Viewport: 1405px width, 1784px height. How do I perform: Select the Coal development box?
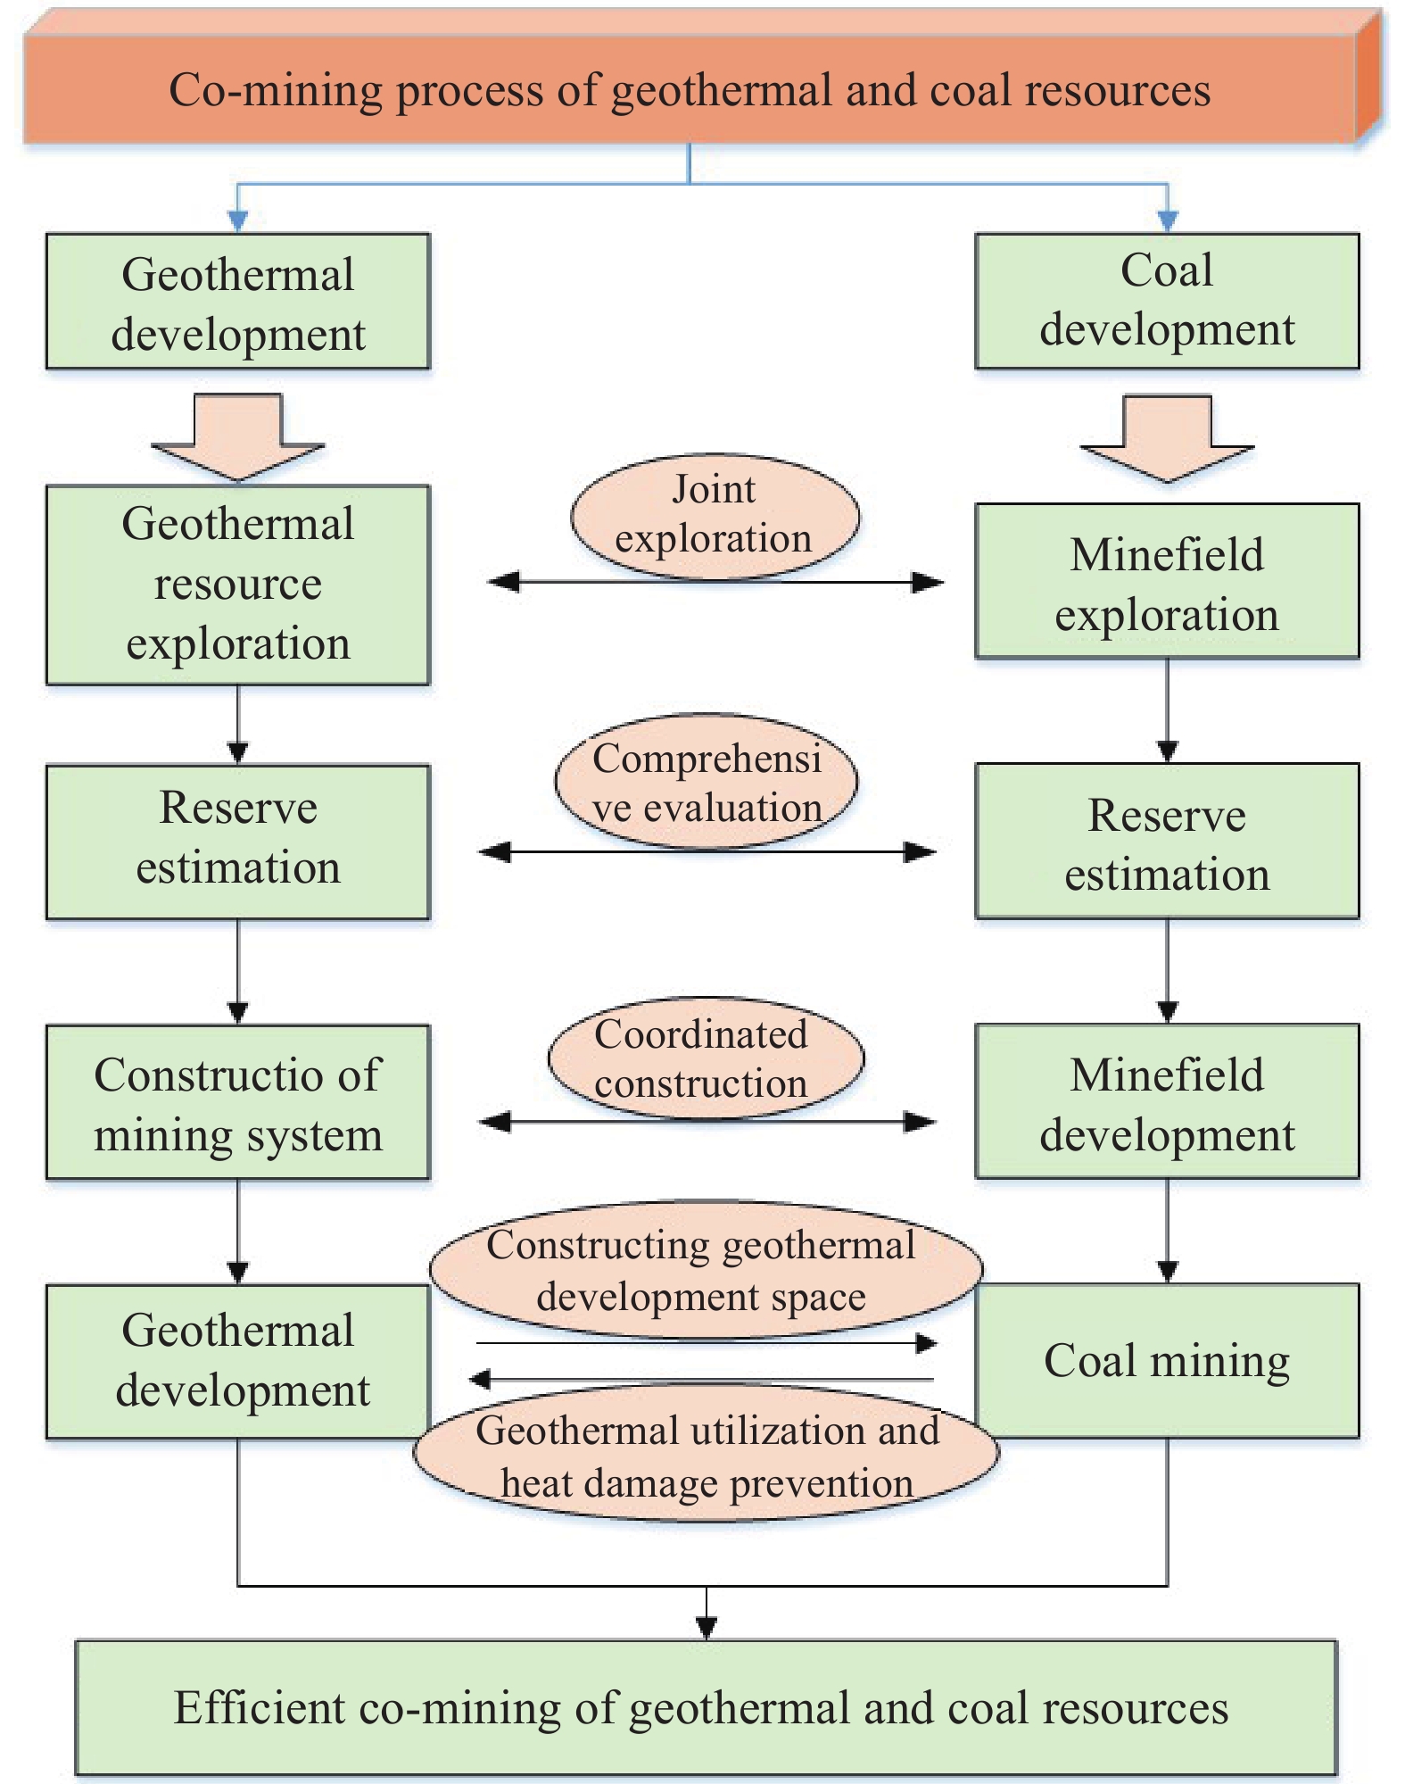(1167, 301)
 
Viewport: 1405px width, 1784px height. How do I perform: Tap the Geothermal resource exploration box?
(238, 585)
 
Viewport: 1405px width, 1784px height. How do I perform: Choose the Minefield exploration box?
(1167, 581)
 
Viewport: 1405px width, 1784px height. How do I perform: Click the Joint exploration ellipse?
(715, 516)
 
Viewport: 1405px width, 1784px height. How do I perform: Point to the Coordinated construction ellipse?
(706, 1058)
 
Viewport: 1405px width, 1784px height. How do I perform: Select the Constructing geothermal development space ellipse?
(706, 1269)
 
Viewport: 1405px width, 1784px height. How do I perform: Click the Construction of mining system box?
(238, 1102)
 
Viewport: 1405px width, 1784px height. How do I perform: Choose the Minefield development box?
(1167, 1101)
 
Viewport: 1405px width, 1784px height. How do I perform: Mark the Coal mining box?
(1167, 1360)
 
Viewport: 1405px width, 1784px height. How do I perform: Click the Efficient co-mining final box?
(706, 1707)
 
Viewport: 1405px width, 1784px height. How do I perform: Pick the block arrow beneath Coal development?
(1167, 438)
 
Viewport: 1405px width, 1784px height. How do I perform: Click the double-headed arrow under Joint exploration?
(715, 583)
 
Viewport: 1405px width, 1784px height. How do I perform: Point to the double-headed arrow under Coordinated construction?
(707, 1122)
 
